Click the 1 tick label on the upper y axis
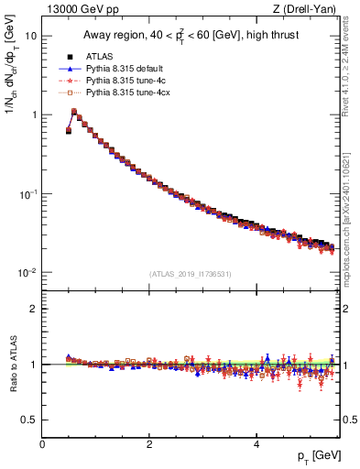point(33,115)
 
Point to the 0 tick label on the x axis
point(42,444)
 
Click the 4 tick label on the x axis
point(256,444)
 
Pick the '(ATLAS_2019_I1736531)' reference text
point(189,274)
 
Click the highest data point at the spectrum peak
point(74,112)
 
